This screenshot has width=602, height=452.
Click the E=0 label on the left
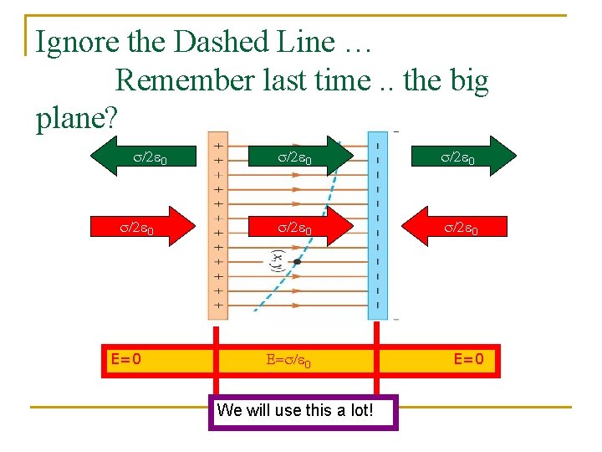pyautogui.click(x=125, y=360)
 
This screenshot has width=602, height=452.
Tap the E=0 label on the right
pyautogui.click(x=468, y=360)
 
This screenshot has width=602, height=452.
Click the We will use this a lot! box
pyautogui.click(x=302, y=411)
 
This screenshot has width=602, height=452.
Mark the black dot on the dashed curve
pyautogui.click(x=297, y=262)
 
